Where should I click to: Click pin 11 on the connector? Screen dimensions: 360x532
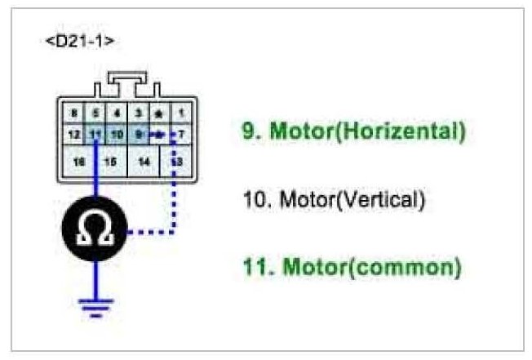(95, 133)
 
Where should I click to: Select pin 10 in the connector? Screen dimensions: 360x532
(117, 133)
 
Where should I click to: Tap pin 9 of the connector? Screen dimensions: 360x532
(139, 133)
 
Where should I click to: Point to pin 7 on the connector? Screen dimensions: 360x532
(180, 133)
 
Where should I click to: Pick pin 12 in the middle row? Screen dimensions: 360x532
(73, 133)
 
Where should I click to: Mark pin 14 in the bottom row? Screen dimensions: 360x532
(144, 162)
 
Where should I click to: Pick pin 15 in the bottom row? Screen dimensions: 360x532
(112, 162)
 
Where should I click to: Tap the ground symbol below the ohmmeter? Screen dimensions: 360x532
(96, 305)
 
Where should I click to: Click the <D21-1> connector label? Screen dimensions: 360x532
(79, 40)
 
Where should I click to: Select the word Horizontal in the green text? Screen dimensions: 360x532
(414, 130)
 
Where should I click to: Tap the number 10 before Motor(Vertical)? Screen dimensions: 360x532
(252, 198)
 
